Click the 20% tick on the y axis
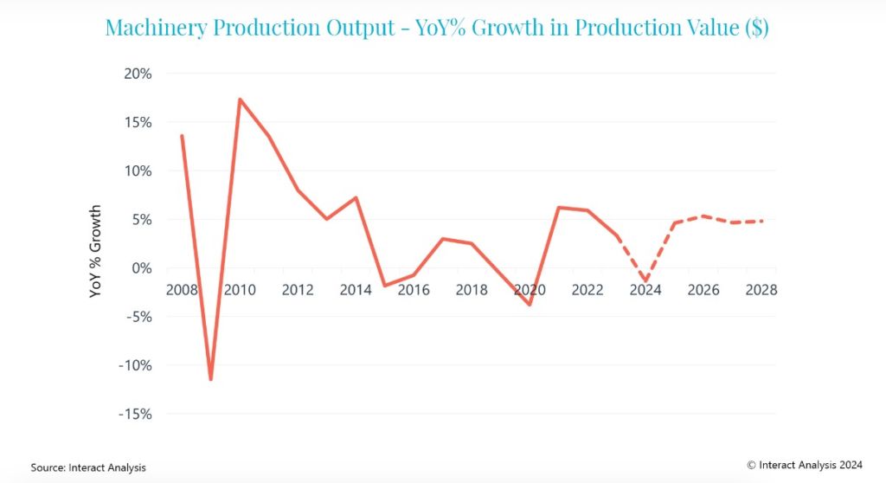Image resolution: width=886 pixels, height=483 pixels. pos(138,74)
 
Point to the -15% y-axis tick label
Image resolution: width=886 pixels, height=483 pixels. pos(134,414)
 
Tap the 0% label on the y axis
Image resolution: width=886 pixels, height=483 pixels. pos(141,268)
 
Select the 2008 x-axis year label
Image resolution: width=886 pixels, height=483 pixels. pos(181,290)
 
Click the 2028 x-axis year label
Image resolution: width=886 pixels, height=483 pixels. pos(761,290)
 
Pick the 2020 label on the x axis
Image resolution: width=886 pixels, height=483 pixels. pos(530,290)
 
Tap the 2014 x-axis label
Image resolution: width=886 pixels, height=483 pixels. pos(356,290)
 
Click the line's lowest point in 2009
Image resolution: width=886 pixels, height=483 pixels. pos(210,379)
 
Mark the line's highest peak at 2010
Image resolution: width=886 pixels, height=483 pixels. pos(240,100)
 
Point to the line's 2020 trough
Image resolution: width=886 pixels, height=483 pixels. pos(530,305)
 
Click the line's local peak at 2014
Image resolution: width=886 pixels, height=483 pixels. pos(356,198)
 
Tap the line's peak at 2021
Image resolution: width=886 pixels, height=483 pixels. pos(559,208)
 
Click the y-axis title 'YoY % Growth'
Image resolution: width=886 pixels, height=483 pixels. pos(95,252)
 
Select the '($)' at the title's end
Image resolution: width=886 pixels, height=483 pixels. pos(755,27)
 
